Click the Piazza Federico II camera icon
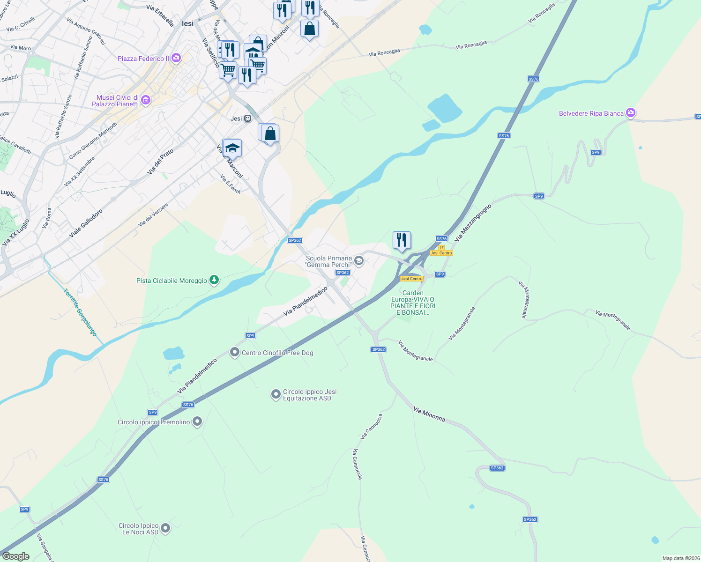176,58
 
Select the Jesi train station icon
247,118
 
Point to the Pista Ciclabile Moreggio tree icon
214,280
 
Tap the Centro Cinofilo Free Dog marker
234,352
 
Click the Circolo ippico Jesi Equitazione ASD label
310,395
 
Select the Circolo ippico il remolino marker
197,421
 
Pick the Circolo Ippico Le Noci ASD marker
165,528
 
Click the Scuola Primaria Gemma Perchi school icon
359,261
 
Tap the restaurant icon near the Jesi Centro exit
402,240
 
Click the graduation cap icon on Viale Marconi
232,148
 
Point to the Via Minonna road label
429,414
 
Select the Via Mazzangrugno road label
472,222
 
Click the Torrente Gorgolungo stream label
80,312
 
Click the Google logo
16,556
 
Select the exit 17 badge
441,247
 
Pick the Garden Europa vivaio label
413,303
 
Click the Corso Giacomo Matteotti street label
93,140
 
